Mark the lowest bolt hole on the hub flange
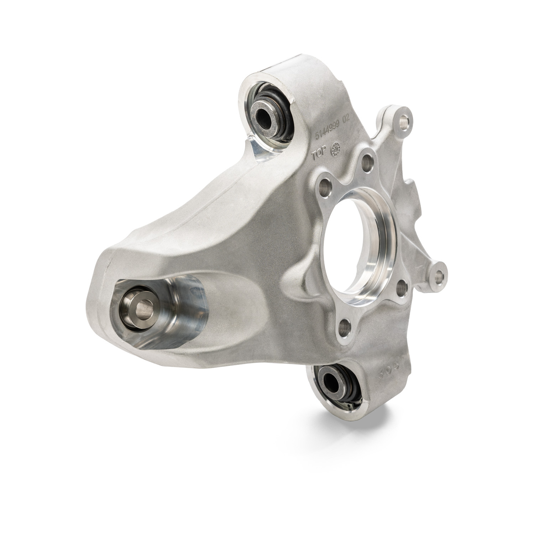click(344, 326)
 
